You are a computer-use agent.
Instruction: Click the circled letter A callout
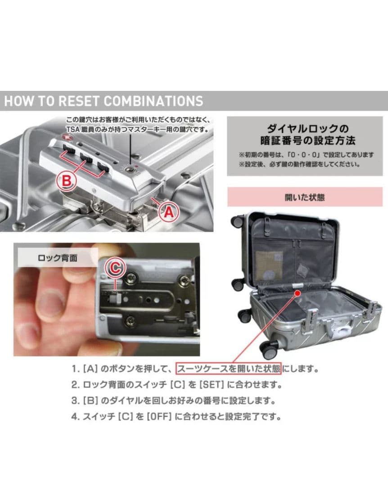167,211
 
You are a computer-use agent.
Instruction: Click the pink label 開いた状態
305,197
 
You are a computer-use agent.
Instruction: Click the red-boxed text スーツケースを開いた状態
229,369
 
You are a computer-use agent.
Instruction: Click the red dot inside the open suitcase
298,293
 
